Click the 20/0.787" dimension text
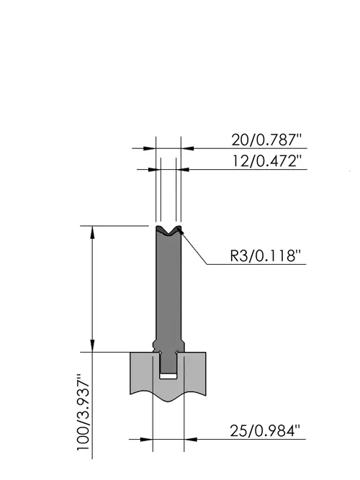pos(266,140)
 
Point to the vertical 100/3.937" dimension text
pos(83,412)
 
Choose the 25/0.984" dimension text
pos(263,431)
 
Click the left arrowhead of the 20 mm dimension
pos(150,148)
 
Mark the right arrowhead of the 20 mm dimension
pos(187,148)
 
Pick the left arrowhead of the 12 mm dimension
pos(154,169)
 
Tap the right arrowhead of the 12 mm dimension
pos(183,169)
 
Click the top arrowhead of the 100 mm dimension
pos(92,232)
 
